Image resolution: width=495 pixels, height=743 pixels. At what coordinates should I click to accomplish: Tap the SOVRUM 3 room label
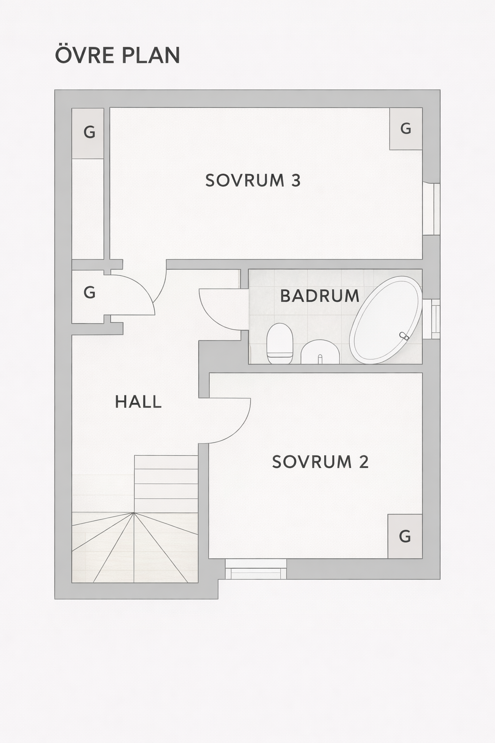(253, 180)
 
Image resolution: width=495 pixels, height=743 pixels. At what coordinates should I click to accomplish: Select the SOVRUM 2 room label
(320, 462)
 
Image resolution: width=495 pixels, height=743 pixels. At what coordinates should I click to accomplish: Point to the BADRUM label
(320, 296)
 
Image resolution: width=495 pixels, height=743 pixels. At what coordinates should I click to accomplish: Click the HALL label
(138, 401)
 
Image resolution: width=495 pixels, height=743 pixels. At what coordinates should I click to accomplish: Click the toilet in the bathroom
(280, 343)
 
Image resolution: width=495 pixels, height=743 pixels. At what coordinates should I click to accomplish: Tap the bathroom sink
(320, 352)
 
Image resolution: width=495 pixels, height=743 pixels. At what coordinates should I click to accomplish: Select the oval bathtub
(386, 320)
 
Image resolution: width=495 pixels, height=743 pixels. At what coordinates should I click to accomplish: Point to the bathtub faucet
(404, 336)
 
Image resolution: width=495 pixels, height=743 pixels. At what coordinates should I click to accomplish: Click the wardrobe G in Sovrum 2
(405, 536)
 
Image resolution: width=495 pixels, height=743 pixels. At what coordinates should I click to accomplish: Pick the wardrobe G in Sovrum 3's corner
(406, 129)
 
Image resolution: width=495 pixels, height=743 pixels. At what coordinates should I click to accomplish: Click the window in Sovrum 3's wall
(431, 209)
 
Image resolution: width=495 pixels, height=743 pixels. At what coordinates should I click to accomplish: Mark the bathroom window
(431, 319)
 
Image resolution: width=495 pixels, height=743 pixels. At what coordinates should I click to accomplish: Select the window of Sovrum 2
(256, 569)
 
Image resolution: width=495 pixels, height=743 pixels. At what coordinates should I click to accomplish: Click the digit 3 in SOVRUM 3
(296, 180)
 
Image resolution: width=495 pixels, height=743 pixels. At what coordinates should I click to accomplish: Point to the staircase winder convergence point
(134, 513)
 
